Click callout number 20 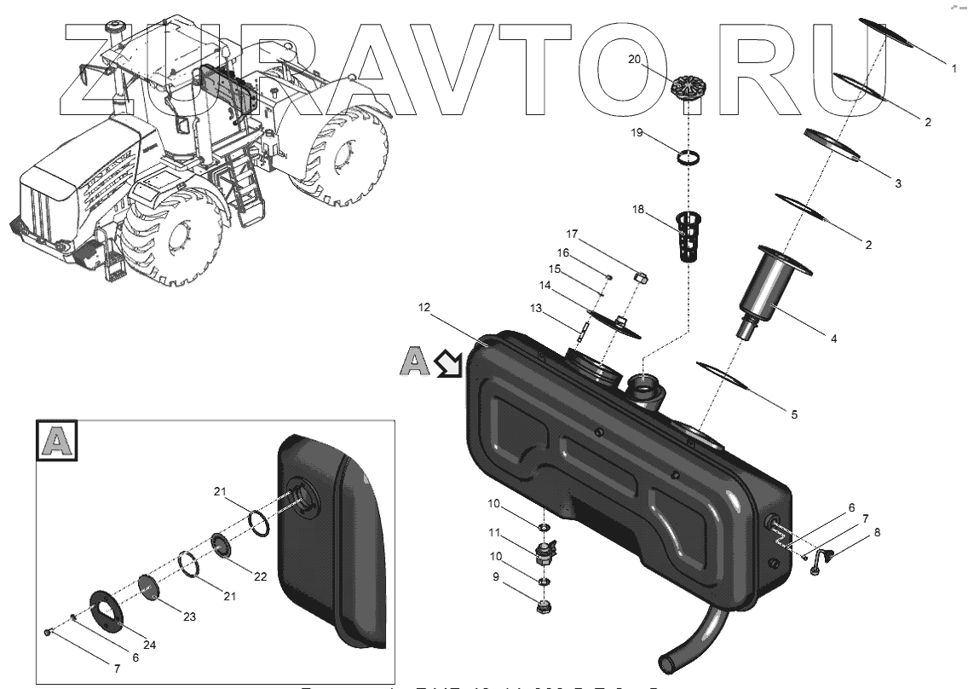(x=633, y=59)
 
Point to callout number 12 (x=425, y=307)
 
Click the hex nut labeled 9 (x=543, y=608)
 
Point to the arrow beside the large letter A (x=446, y=364)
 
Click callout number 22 (x=261, y=576)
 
